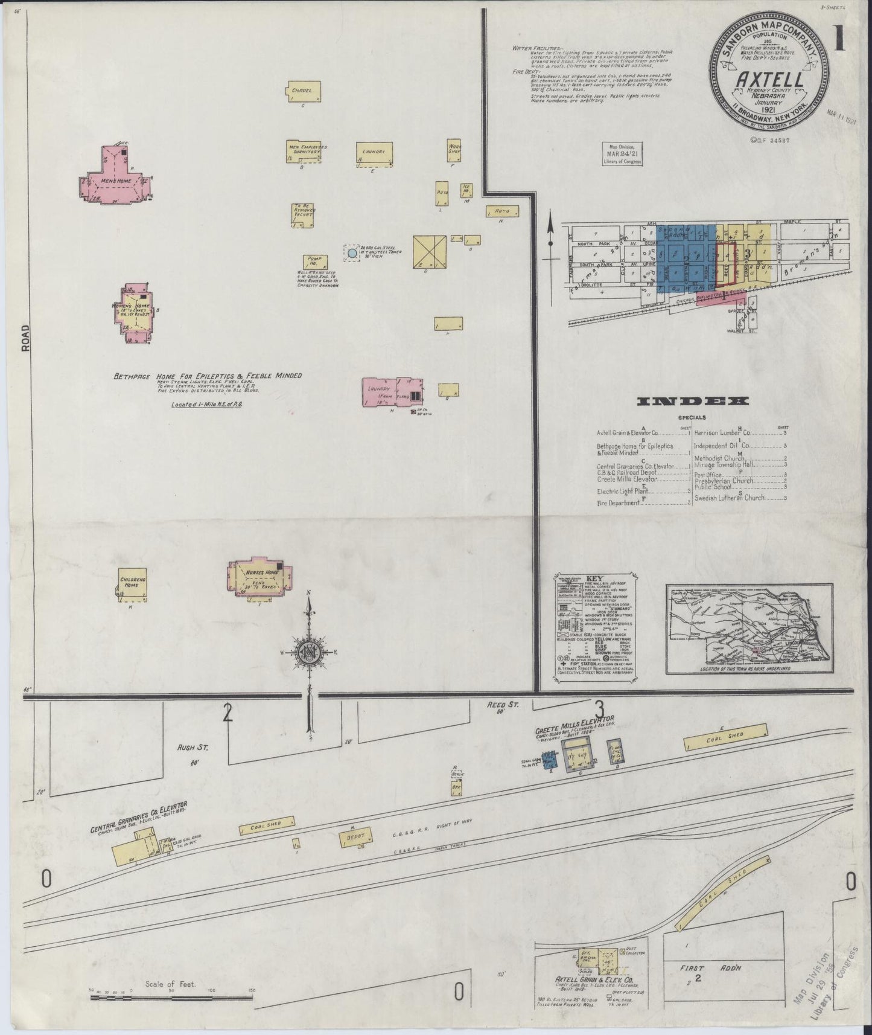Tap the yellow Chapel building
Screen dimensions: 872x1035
302,91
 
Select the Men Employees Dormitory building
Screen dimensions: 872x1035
307,151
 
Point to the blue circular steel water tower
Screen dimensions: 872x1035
351,253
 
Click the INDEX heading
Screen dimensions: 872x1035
693,402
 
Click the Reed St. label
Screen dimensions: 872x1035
501,705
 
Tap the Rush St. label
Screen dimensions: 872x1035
192,748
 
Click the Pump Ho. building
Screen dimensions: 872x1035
314,261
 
